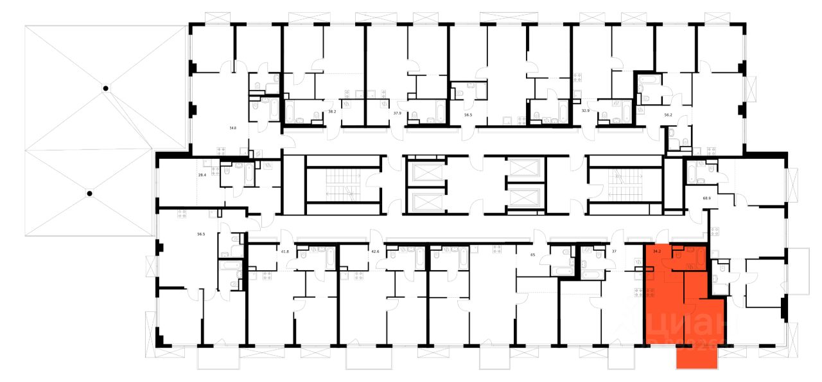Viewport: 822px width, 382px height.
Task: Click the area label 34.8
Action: click(232, 129)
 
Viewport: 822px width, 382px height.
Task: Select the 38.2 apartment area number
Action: click(332, 112)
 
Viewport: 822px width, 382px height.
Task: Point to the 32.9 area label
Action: click(585, 111)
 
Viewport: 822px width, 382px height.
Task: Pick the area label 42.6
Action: click(375, 251)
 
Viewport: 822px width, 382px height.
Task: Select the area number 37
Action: click(614, 251)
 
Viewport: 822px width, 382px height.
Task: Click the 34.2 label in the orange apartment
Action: click(656, 251)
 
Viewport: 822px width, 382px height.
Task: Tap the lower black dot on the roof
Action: click(90, 193)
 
